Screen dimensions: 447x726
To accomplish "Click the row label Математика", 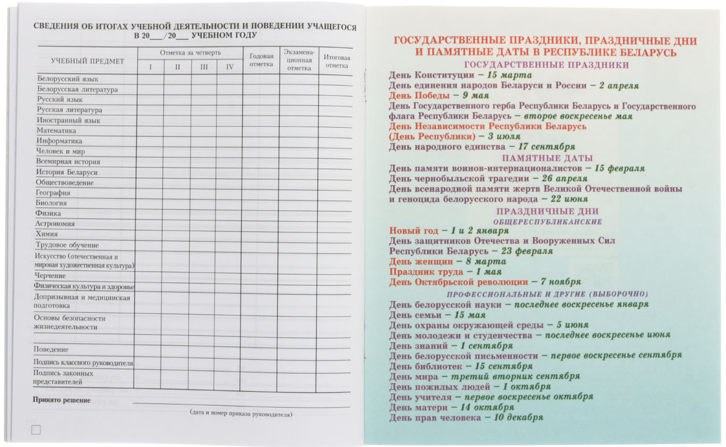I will point(57,130).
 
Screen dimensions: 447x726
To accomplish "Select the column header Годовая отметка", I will point(261,60).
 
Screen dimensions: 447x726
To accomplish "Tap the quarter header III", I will point(203,67).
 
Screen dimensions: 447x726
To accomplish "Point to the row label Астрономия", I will point(55,223).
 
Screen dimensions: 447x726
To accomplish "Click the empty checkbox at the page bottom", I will point(36,430).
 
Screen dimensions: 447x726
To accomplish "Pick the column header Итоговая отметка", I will point(337,61).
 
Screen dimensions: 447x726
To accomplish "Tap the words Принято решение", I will point(62,400).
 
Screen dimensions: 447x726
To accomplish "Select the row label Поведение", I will point(51,349).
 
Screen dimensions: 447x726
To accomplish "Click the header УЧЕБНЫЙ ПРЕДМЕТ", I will point(87,61).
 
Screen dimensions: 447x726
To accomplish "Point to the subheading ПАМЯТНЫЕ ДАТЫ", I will point(547,158).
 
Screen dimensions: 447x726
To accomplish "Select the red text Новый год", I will point(413,231).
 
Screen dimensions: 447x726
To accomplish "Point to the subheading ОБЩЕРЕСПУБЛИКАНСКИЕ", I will point(547,222).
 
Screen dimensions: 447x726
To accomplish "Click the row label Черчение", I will point(50,275).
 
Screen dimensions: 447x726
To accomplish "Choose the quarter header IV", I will point(230,67).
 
